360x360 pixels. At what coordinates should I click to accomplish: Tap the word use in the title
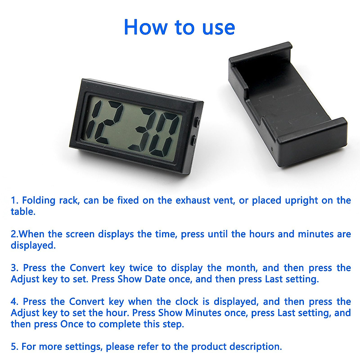coord(218,27)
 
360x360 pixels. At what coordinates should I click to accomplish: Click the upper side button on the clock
coord(198,122)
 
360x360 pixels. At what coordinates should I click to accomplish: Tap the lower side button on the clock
coord(193,140)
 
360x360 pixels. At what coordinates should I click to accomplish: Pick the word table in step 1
coord(22,211)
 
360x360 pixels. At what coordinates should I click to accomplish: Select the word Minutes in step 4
coord(203,313)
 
